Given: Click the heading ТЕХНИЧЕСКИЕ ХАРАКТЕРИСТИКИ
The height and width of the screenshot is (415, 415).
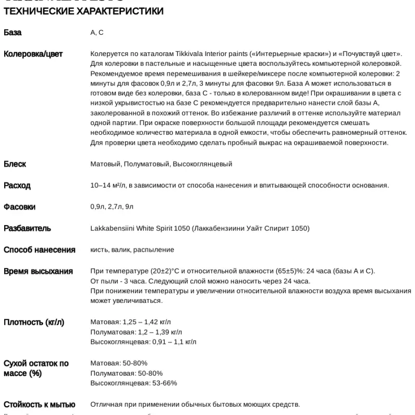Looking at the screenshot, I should click(83, 11).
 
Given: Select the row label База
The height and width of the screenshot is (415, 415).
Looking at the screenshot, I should click(12, 33).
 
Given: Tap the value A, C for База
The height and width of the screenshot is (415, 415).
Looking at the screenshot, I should click(97, 33).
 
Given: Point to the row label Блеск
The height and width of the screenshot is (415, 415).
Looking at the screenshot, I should click(15, 164).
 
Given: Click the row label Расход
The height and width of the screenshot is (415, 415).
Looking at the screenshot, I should click(17, 185).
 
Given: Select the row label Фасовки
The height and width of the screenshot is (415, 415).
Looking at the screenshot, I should click(20, 206).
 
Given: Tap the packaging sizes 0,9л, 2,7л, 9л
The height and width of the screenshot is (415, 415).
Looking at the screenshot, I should click(112, 206).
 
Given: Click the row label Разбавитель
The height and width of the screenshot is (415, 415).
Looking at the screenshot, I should click(27, 228).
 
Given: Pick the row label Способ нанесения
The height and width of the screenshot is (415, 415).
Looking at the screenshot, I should click(39, 250).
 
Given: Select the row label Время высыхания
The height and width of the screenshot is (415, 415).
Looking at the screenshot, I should click(38, 271).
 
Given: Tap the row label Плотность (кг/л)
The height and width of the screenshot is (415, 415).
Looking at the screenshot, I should click(34, 322).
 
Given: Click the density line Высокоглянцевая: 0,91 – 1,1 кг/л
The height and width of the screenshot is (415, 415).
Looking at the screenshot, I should click(143, 342).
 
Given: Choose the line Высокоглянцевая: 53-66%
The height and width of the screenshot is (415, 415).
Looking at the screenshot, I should click(133, 383).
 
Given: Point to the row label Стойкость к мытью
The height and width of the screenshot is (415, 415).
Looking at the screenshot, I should click(39, 405).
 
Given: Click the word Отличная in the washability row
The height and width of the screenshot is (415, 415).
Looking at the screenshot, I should click(105, 405).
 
